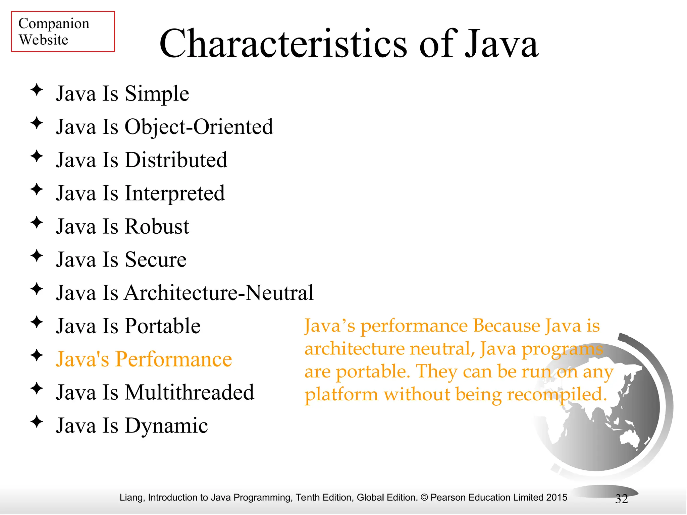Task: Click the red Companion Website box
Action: tap(63, 32)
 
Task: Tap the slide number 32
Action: tap(621, 499)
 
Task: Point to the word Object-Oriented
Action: tap(199, 127)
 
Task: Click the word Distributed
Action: tap(176, 160)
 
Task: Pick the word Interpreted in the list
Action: tap(175, 193)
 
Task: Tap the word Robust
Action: tap(157, 227)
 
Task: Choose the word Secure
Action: tap(156, 260)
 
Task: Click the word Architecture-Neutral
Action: tap(219, 293)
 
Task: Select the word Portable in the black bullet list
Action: tap(163, 326)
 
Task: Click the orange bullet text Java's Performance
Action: tap(144, 359)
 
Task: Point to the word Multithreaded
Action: tap(190, 393)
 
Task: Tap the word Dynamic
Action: tap(166, 426)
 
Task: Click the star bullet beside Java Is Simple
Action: tap(37, 90)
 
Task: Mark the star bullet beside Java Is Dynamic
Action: tap(37, 422)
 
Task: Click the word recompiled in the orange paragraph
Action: tap(557, 395)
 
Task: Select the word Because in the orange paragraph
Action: tap(507, 326)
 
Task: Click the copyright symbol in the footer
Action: tap(424, 497)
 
